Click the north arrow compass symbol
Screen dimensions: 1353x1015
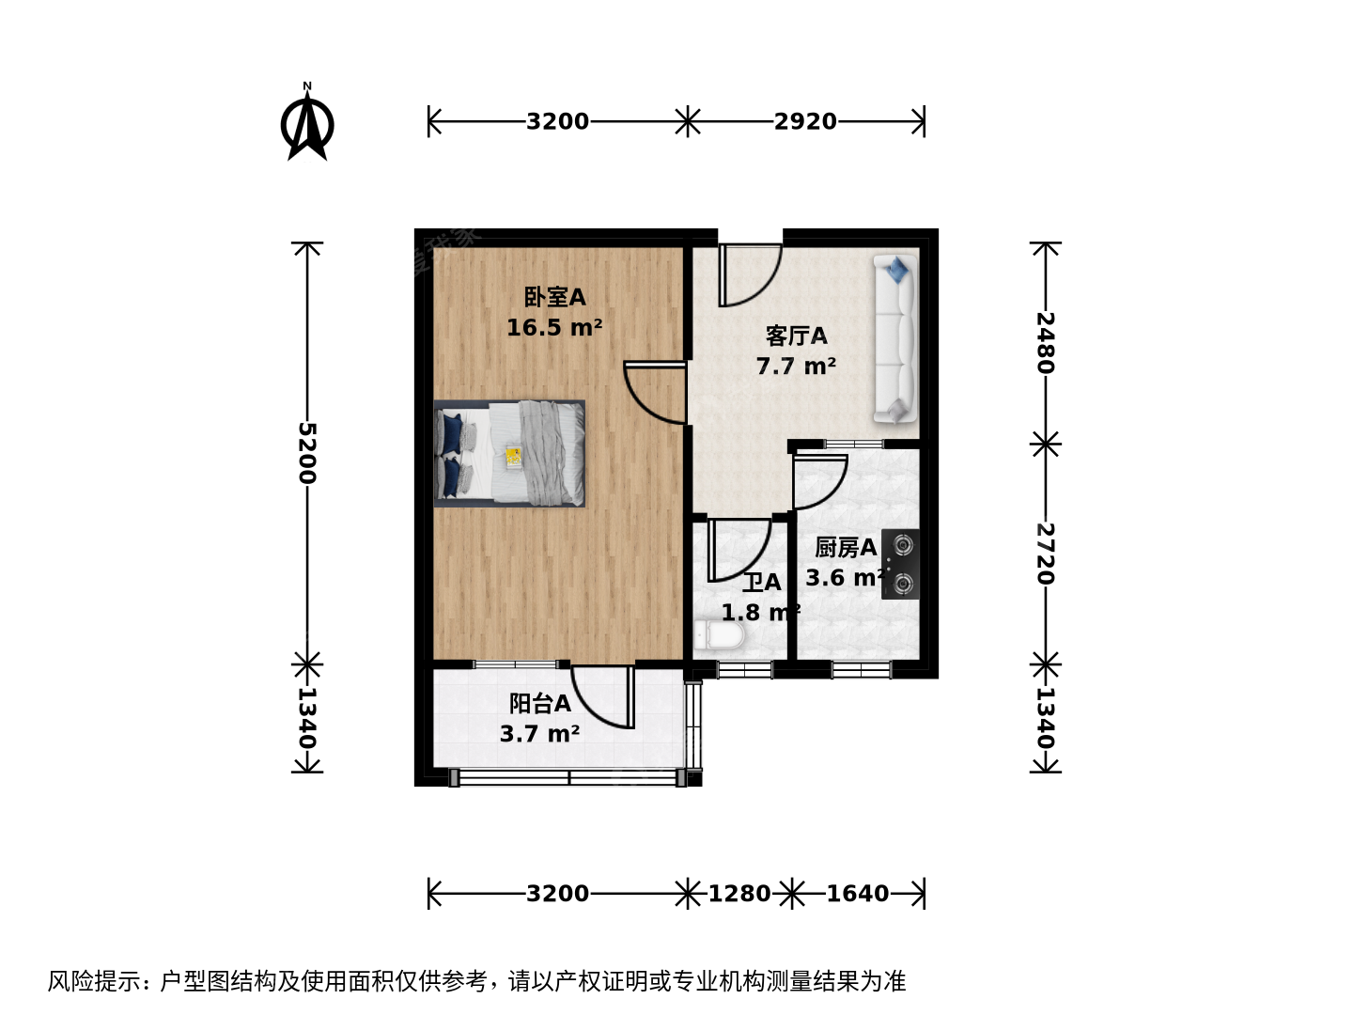click(307, 122)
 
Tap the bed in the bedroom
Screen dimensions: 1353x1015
click(509, 454)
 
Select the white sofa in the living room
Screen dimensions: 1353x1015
click(895, 339)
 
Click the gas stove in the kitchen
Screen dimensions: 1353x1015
click(900, 564)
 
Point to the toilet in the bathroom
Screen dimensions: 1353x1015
click(718, 635)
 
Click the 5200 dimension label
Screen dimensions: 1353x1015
click(307, 453)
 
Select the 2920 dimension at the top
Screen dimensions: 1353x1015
click(805, 121)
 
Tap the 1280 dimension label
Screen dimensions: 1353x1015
click(739, 894)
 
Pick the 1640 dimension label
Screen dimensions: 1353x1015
click(857, 894)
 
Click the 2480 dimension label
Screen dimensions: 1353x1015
click(1045, 343)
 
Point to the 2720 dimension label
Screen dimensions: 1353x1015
click(1045, 554)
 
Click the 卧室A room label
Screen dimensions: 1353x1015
click(554, 297)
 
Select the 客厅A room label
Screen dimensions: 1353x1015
click(796, 336)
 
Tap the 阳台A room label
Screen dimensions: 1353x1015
click(539, 703)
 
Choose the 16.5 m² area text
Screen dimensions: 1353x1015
click(554, 327)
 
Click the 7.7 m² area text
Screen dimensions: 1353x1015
click(796, 367)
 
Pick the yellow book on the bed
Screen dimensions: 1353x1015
click(513, 457)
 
